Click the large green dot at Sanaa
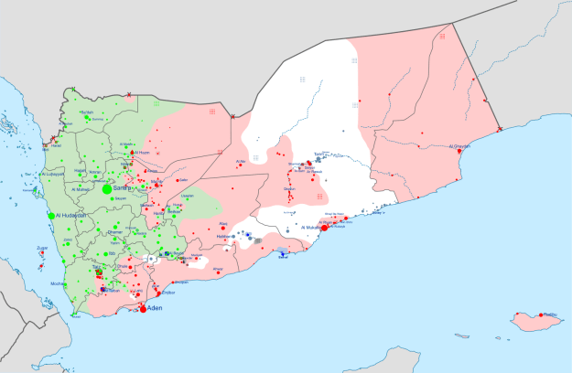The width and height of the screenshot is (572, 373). tap(107, 188)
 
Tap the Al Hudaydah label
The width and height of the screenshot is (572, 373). tap(71, 215)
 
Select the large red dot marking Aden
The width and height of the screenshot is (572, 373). tap(142, 309)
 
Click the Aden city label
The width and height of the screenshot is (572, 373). tap(156, 309)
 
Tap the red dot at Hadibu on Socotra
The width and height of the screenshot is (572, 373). tap(541, 315)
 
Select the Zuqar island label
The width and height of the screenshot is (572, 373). tap(42, 248)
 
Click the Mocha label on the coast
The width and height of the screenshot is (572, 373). tap(58, 284)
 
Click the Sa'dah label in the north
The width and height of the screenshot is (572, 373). tap(88, 112)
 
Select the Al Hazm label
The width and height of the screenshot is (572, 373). tap(141, 153)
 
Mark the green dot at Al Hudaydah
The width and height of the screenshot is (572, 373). tap(51, 215)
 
